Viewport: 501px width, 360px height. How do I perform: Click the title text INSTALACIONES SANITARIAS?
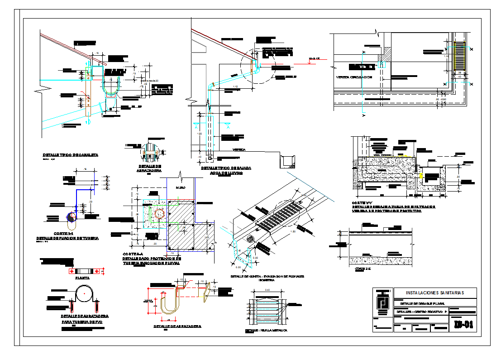tap(435, 293)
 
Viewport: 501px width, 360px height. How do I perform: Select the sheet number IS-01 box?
tap(464, 324)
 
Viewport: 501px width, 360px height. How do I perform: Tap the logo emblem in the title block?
tap(382, 302)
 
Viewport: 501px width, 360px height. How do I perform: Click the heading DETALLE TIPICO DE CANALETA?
tap(71, 155)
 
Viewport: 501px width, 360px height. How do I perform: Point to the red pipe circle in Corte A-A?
tap(159, 213)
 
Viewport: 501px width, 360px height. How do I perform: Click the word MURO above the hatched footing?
tap(180, 187)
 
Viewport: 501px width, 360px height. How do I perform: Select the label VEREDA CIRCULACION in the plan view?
tap(354, 77)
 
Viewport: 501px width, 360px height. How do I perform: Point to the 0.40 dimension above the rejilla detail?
tap(267, 290)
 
